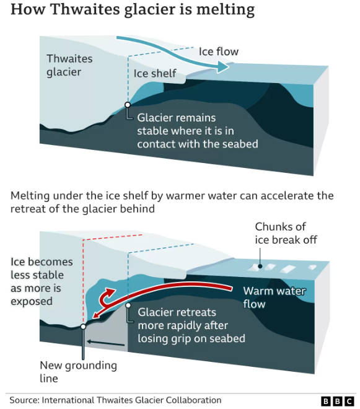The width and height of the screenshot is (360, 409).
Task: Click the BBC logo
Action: [338, 401]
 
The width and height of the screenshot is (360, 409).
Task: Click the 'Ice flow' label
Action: [219, 51]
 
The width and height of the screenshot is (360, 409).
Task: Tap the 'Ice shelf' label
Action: [155, 74]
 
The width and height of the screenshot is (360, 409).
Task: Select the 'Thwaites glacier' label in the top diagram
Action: [69, 65]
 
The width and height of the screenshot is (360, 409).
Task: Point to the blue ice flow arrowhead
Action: [222, 67]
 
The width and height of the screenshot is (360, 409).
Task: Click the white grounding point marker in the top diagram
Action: [128, 105]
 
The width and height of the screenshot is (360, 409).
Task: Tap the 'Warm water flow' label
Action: [274, 297]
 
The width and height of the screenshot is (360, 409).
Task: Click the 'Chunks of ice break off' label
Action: [286, 234]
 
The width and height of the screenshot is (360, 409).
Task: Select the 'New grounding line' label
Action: [78, 372]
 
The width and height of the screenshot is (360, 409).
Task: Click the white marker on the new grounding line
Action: [83, 327]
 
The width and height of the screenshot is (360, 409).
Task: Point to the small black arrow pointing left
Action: [106, 343]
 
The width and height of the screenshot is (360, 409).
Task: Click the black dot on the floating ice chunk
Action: [260, 266]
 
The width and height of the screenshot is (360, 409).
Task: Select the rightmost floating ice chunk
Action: [312, 267]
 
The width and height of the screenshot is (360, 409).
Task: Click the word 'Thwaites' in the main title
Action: [85, 9]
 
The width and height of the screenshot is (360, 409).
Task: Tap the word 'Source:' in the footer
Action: [24, 400]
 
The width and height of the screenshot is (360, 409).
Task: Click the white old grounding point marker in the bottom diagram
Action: [128, 306]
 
